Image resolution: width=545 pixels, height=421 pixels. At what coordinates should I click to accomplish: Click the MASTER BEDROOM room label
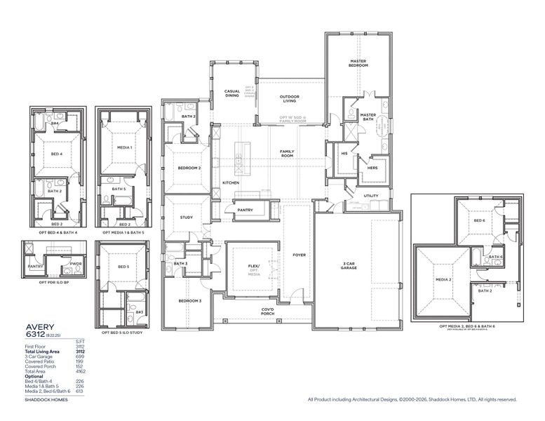tap(359, 63)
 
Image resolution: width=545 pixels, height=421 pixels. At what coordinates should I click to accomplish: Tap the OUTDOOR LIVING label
tap(290, 98)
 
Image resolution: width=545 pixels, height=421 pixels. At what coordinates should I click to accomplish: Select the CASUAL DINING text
tap(232, 93)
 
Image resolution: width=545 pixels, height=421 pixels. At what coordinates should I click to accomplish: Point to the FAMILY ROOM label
tap(287, 153)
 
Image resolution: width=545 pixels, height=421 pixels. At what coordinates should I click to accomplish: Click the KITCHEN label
tap(231, 182)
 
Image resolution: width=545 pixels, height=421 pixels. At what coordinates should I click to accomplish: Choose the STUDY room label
tap(186, 218)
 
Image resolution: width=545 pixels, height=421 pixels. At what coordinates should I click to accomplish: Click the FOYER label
tap(299, 255)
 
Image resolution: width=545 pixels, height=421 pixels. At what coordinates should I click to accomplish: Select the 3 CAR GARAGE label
tap(349, 265)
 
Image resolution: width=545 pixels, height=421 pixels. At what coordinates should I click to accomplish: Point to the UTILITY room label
tap(371, 196)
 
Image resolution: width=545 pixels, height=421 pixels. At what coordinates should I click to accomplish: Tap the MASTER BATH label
tap(368, 116)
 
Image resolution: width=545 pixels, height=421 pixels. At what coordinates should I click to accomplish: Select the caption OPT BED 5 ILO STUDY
tap(124, 332)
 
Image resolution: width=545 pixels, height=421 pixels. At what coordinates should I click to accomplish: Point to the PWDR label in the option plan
tap(74, 265)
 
